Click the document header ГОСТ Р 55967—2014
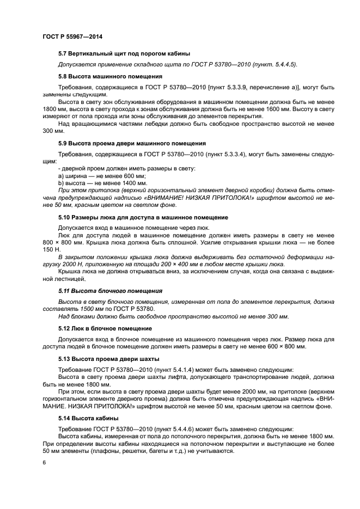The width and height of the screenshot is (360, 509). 72,36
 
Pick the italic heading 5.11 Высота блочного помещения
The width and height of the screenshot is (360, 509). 110,291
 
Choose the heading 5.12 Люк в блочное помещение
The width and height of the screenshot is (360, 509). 112,329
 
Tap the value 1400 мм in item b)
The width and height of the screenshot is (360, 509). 129,183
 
